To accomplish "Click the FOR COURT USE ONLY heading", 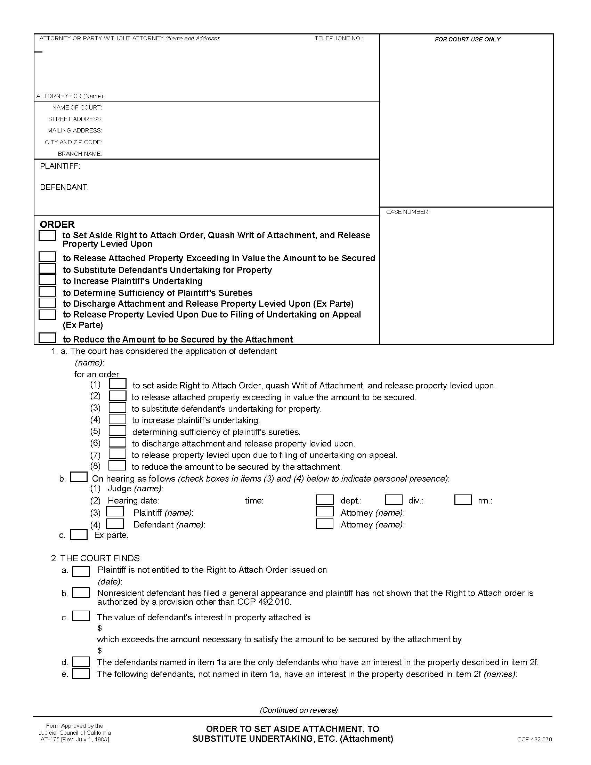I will pyautogui.click(x=467, y=39).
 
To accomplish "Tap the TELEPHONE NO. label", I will pyautogui.click(x=339, y=38).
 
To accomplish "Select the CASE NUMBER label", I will pyautogui.click(x=407, y=212).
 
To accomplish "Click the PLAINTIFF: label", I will pyautogui.click(x=60, y=166).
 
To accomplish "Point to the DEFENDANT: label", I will pyautogui.click(x=64, y=187).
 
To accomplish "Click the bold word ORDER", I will pyautogui.click(x=57, y=224).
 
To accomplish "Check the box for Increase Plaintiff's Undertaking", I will pyautogui.click(x=47, y=280).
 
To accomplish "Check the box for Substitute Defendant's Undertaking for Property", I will pyautogui.click(x=47, y=268).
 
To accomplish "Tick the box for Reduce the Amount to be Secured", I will pyautogui.click(x=47, y=338).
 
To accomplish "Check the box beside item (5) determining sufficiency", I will pyautogui.click(x=117, y=430).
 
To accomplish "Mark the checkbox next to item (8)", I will pyautogui.click(x=117, y=465).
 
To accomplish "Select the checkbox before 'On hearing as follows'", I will pyautogui.click(x=79, y=477).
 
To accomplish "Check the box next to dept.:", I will pyautogui.click(x=325, y=499).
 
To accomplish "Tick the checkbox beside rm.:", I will pyautogui.click(x=463, y=499).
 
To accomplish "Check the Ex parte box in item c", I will pyautogui.click(x=79, y=535).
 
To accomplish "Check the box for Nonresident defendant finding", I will pyautogui.click(x=81, y=593).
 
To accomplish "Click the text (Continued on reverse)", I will pyautogui.click(x=299, y=710).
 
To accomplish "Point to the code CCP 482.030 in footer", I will pyautogui.click(x=534, y=739).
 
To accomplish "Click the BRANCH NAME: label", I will pyautogui.click(x=80, y=154).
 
